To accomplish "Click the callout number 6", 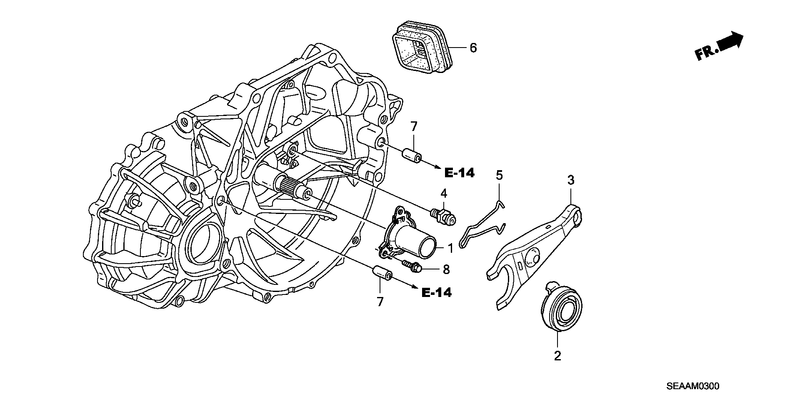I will coord(473,48).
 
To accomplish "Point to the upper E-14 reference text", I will coord(459,173).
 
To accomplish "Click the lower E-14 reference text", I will coord(436,293).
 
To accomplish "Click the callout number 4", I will coord(444,193).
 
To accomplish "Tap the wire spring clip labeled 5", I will coord(483,228).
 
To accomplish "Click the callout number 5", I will coord(499,175).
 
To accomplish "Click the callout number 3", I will coord(570,180).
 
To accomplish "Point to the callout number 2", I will coord(557,356).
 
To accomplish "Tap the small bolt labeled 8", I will coord(412,266).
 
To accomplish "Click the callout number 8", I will coord(446,269).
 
